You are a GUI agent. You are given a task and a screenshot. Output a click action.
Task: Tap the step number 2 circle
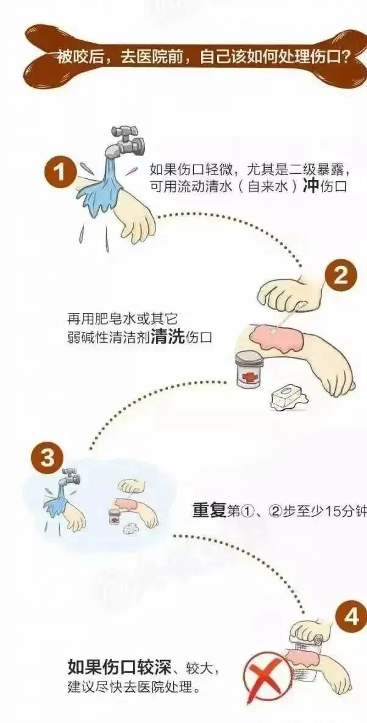[x=340, y=276]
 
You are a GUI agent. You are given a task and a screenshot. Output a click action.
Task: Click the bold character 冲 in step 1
[x=310, y=186]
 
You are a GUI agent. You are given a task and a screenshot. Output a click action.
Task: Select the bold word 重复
[x=209, y=511]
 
